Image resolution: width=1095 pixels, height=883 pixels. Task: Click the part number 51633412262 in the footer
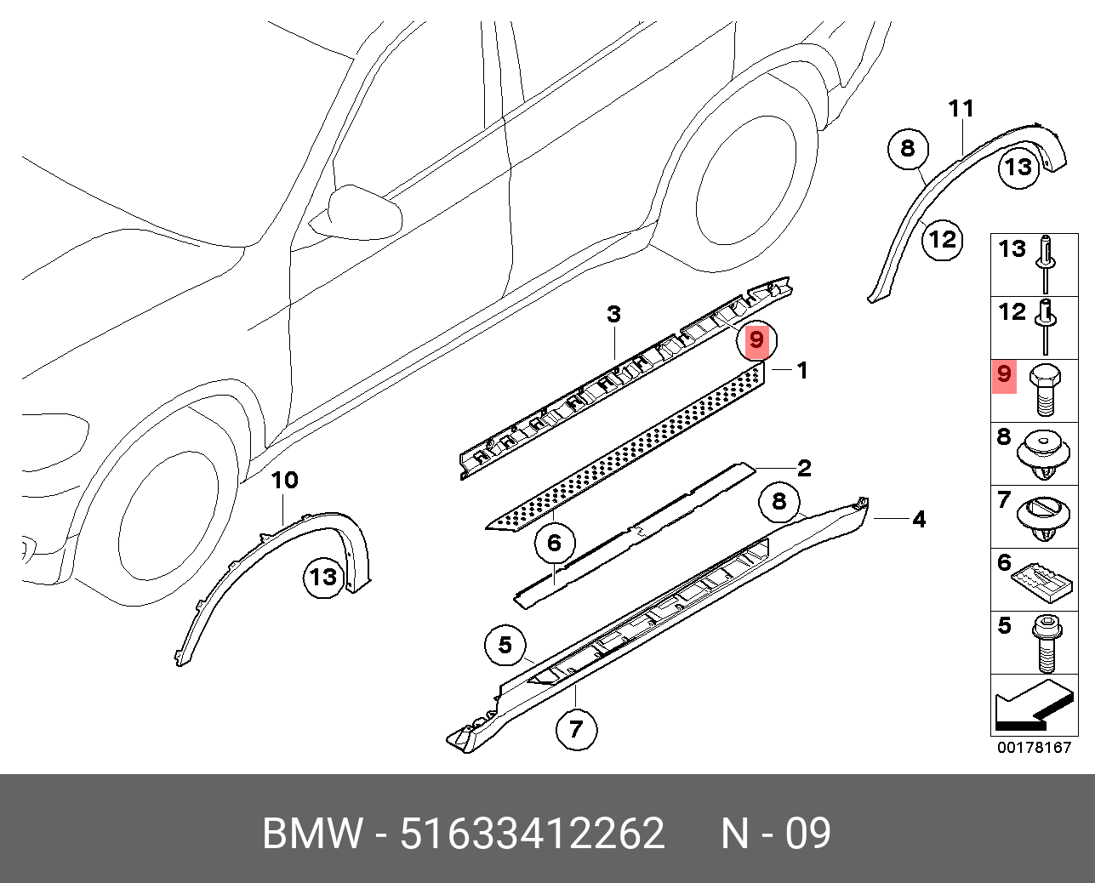pos(532,834)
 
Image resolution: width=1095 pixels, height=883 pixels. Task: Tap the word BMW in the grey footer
pos(312,834)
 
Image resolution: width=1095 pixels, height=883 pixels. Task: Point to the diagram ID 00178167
pos(1034,748)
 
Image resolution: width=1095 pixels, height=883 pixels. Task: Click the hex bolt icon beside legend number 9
pos(1044,390)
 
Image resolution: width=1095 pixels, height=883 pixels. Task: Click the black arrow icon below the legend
pos(1032,706)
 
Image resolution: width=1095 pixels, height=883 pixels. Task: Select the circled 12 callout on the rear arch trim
pos(943,239)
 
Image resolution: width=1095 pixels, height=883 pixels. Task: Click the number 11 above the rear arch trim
pos(961,109)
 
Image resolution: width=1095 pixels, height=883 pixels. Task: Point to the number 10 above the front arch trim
pos(284,481)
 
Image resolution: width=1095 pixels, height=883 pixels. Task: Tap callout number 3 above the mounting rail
pos(613,315)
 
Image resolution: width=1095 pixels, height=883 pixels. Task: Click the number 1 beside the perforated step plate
pos(801,370)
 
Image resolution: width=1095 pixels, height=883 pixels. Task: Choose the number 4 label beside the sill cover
pos(919,519)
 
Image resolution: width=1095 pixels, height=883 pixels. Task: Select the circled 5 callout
pos(505,646)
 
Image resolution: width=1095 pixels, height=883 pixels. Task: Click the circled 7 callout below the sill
pos(576,729)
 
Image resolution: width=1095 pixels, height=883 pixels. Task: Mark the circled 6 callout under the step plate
pos(554,543)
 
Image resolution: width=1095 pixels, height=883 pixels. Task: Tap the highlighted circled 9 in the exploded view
pos(756,341)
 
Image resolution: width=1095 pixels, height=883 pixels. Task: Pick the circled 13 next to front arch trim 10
pos(323,578)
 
